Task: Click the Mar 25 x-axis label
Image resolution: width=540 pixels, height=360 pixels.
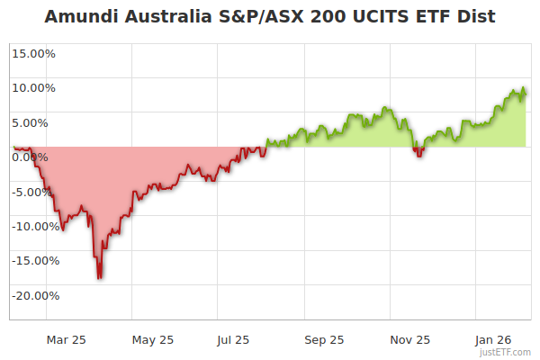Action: tap(67, 340)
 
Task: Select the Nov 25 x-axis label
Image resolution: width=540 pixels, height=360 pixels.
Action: tap(410, 340)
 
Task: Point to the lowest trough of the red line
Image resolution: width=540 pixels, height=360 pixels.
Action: tap(99, 278)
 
